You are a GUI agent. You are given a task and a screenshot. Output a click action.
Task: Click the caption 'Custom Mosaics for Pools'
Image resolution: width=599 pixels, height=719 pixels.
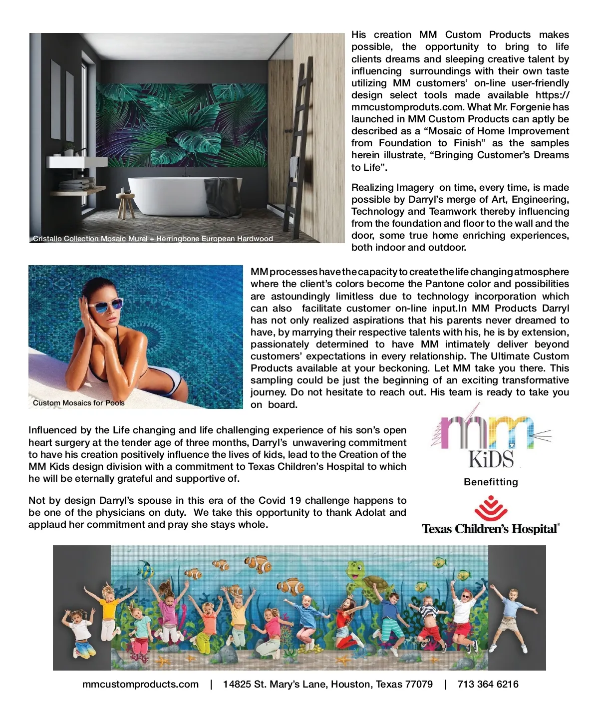(79, 403)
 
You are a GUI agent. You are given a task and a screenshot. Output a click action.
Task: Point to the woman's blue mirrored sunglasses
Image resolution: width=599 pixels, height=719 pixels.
(105, 304)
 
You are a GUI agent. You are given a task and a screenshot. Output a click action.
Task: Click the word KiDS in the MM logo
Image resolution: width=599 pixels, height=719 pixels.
(491, 459)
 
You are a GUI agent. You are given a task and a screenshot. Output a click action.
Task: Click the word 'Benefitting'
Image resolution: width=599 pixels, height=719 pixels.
(491, 482)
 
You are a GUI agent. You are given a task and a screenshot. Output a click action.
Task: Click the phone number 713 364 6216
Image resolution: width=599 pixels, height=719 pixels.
(488, 685)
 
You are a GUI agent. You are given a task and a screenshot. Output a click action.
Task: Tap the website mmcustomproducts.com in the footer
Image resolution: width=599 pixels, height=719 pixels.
(140, 685)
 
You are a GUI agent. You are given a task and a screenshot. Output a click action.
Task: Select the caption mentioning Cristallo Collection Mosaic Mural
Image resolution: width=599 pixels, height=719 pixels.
(153, 239)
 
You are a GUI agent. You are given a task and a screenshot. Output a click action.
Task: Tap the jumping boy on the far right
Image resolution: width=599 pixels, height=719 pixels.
(512, 619)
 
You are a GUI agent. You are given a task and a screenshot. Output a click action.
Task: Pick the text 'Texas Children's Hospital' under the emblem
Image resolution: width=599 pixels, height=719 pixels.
(491, 529)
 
